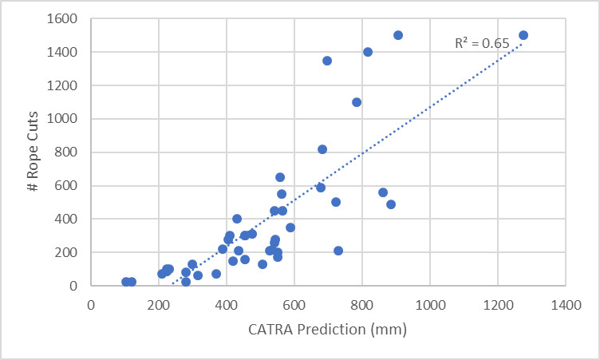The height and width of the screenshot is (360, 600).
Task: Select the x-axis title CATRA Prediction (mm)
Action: (329, 327)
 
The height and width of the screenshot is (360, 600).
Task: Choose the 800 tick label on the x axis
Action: (362, 304)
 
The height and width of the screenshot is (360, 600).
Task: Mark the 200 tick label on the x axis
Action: (159, 304)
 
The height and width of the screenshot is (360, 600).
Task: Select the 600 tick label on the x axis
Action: (294, 304)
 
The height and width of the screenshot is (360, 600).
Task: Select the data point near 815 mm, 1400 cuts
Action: (368, 52)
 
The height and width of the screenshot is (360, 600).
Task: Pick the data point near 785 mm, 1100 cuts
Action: (357, 102)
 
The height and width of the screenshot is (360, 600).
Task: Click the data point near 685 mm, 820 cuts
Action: (322, 149)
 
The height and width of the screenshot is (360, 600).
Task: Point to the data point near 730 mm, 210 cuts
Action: (338, 251)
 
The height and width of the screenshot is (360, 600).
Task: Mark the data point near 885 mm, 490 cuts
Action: (391, 204)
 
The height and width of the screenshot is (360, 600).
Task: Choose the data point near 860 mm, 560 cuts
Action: (383, 192)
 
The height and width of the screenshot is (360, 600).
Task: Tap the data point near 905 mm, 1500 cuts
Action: (398, 35)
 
